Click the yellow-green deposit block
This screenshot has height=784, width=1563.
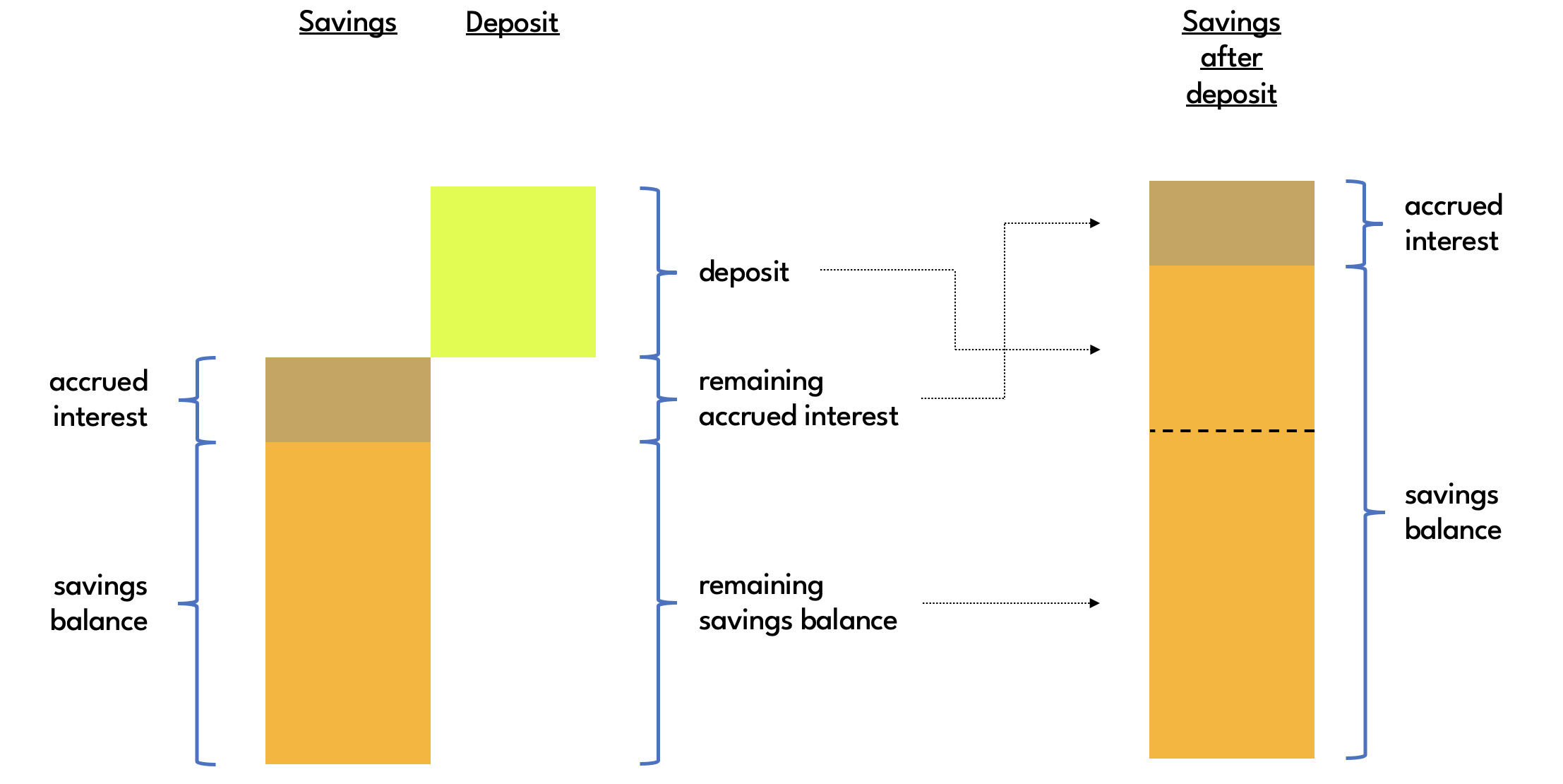(513, 271)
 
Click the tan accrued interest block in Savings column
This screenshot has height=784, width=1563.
(347, 399)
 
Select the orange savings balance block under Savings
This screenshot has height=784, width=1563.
(347, 602)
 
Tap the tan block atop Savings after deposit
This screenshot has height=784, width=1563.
(1231, 223)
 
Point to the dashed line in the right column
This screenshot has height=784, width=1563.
(1231, 430)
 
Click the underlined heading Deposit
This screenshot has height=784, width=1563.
(512, 23)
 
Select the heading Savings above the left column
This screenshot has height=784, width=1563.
(347, 22)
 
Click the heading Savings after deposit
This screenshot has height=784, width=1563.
(1231, 58)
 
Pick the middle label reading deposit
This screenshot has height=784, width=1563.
(743, 272)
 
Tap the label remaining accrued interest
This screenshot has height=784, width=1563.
(798, 398)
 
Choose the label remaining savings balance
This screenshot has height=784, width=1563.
(798, 602)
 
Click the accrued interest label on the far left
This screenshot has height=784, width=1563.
(99, 399)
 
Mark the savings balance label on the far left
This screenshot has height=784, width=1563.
(100, 603)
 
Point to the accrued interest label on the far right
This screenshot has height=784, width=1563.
(1453, 223)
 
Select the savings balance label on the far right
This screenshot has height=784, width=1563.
(1452, 512)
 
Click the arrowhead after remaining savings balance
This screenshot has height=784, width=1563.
(1095, 603)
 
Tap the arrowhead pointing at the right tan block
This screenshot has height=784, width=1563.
(1095, 223)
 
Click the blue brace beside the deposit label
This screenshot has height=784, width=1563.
(658, 272)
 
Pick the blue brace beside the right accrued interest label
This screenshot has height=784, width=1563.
(1364, 224)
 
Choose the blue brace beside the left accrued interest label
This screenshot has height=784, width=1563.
(197, 400)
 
